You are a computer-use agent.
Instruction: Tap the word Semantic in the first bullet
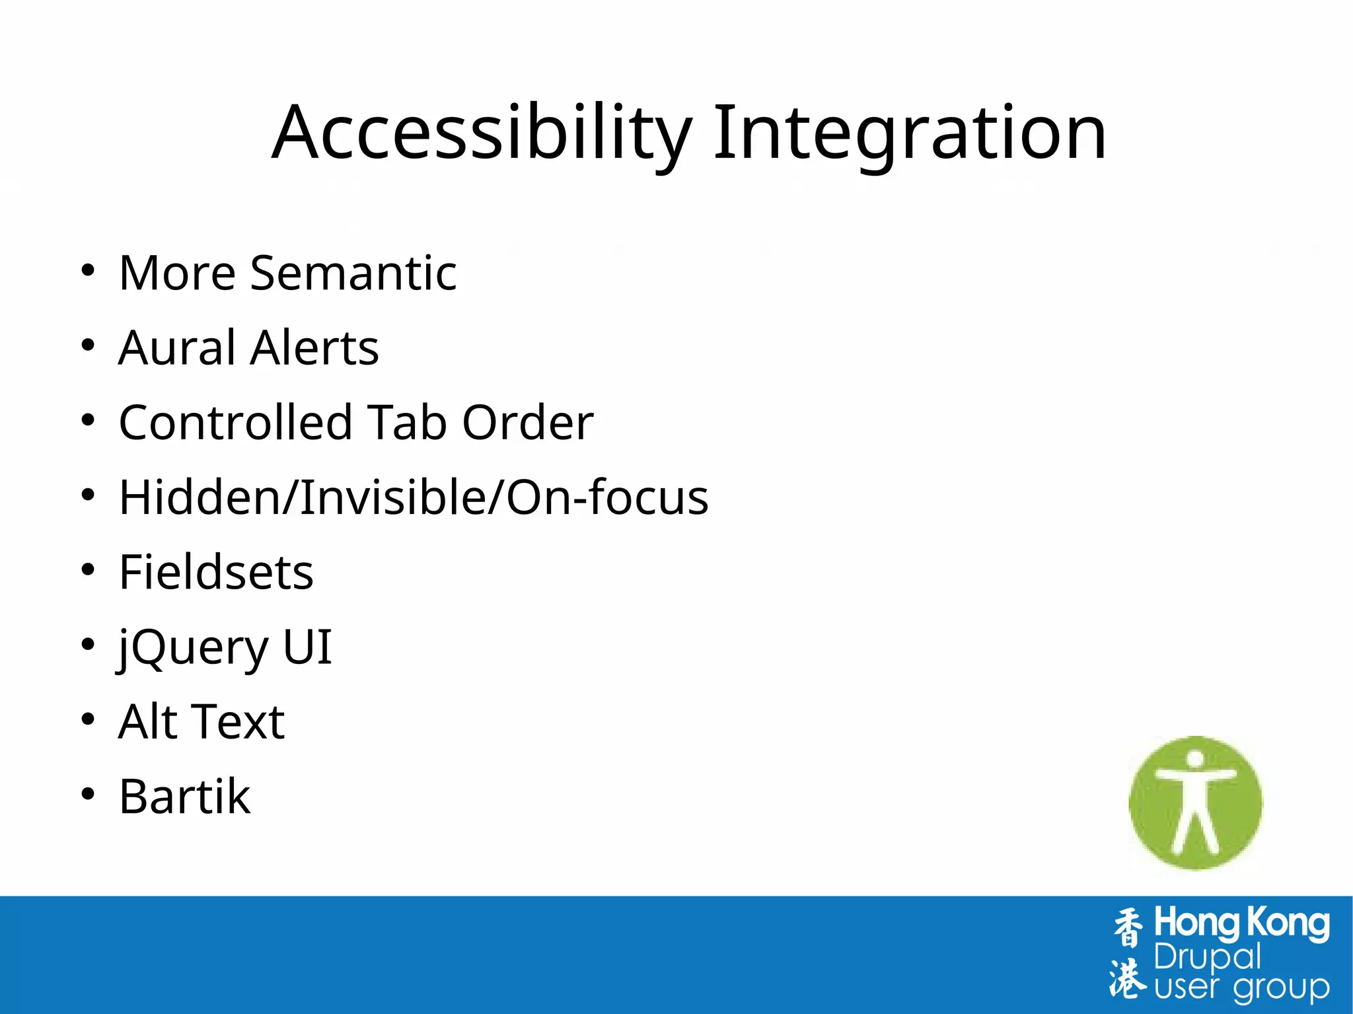coord(353,273)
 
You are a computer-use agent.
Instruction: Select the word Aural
coord(176,347)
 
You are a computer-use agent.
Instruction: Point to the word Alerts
coord(314,347)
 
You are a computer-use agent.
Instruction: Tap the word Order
coord(527,422)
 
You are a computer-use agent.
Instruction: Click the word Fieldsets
coord(216,572)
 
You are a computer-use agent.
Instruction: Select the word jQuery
coord(193,647)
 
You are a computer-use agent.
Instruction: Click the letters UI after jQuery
coord(307,647)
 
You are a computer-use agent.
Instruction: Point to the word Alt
coord(147,721)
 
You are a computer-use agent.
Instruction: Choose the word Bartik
coord(184,797)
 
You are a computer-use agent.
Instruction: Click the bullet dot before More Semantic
coord(88,270)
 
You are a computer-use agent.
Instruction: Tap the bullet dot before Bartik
coord(88,794)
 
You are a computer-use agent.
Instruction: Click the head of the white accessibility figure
coord(1195,760)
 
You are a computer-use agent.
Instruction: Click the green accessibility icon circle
coord(1163,832)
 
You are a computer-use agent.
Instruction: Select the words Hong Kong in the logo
coord(1241,924)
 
